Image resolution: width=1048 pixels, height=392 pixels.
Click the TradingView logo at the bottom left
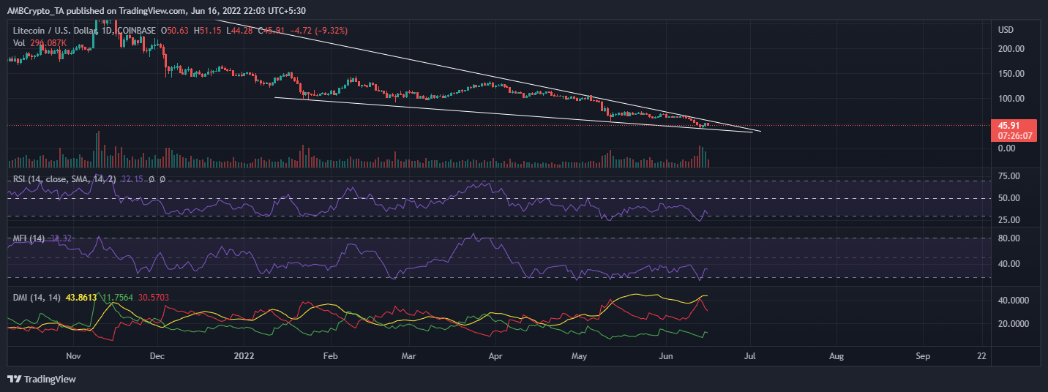coord(42,379)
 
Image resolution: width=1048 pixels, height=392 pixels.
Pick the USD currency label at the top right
coord(1000,29)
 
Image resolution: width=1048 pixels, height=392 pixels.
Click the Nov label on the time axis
coord(72,356)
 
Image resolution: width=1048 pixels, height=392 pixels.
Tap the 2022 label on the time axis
coord(242,356)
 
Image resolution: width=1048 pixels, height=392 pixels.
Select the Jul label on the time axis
coord(751,356)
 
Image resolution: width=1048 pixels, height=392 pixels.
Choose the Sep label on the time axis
coord(923,356)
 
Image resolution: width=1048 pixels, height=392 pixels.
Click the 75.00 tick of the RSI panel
coord(1004,176)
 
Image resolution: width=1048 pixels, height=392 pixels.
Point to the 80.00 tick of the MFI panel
coord(1004,238)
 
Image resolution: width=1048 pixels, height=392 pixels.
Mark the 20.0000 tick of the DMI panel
coord(1008,324)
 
